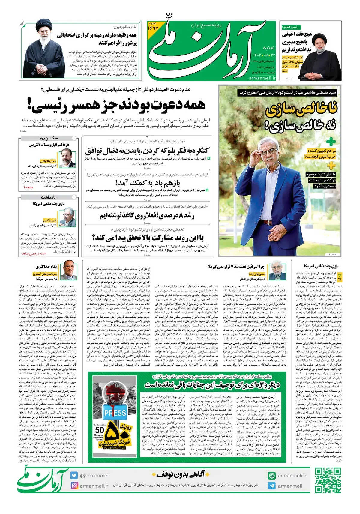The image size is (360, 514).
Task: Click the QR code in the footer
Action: pyautogui.click(x=328, y=480)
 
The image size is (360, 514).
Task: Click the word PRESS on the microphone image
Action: pyautogui.click(x=115, y=413)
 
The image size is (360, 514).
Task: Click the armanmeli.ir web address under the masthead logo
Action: pyautogui.click(x=262, y=78)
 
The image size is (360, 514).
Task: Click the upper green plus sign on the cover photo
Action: pyautogui.click(x=331, y=142)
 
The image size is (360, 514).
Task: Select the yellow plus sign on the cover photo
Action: pyautogui.click(x=331, y=165)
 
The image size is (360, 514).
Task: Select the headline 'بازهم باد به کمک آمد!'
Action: pyautogui.click(x=147, y=183)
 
